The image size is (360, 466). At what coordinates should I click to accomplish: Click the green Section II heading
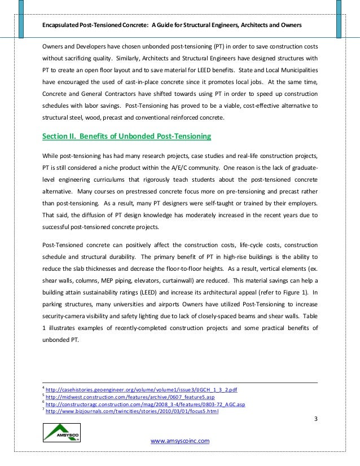[127, 136]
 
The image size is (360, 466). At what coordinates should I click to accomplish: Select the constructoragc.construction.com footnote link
[145, 405]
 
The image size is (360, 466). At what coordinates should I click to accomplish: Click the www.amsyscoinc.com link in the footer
[180, 441]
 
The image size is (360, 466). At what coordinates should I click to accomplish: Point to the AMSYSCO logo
[62, 433]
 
